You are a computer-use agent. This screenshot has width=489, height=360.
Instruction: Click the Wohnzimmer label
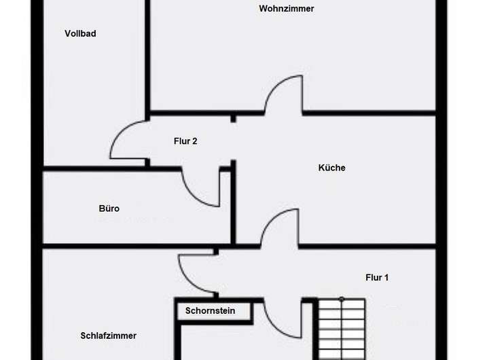[x=287, y=9]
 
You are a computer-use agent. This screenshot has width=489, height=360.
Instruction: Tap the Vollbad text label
[x=80, y=33]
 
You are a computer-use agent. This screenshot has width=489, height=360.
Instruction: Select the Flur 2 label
[x=185, y=141]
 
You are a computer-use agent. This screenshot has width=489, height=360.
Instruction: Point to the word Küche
[x=332, y=168]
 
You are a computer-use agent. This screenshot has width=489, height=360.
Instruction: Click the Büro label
[x=109, y=209]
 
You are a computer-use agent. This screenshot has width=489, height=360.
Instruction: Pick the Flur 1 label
[x=377, y=277]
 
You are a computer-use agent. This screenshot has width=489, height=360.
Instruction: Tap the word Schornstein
[x=211, y=311]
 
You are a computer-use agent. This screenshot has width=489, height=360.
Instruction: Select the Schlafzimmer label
[x=109, y=336]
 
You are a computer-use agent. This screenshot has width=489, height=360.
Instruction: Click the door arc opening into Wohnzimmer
[x=284, y=93]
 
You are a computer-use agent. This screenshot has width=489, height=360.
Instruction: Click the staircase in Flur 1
[x=341, y=329]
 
